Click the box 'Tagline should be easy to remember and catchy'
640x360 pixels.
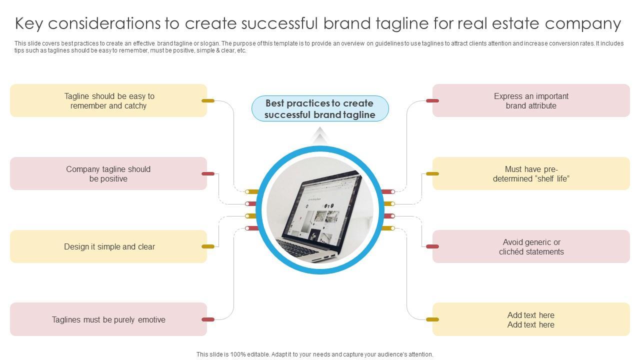pos(108,100)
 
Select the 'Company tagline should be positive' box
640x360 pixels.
pos(108,173)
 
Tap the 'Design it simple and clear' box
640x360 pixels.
pos(108,246)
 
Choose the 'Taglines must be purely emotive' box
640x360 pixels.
pos(108,319)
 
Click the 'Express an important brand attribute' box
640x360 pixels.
pos(531,100)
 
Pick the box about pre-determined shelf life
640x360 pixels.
pos(531,173)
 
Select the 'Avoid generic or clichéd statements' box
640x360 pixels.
pos(531,246)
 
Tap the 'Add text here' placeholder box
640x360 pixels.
pos(531,319)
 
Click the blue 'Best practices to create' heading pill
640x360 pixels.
pos(320,109)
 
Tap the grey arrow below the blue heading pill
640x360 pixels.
pos(320,135)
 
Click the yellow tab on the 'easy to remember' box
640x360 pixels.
pos(208,100)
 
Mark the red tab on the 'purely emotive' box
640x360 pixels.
pos(208,319)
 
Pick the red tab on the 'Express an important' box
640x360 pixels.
pos(432,100)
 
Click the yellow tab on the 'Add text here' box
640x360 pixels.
pos(432,319)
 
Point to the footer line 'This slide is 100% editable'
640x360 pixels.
pos(315,354)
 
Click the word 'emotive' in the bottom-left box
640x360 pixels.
pos(151,319)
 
